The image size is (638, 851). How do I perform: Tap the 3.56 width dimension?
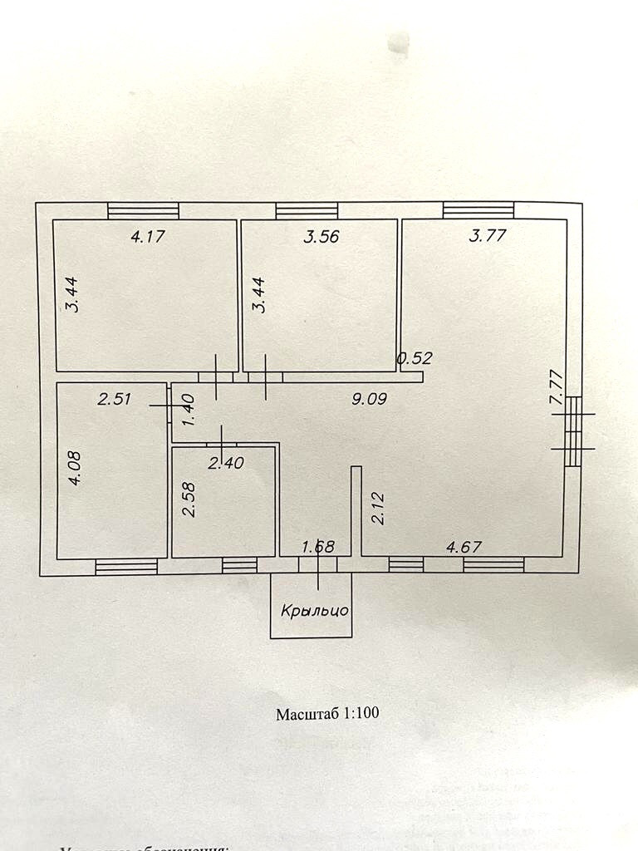(x=321, y=236)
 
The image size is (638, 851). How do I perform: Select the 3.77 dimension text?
(x=488, y=235)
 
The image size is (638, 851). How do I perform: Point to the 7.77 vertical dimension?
(x=557, y=387)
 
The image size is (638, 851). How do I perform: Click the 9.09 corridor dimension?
(x=370, y=399)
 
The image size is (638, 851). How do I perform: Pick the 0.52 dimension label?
(x=415, y=359)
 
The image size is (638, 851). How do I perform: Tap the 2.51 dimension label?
(x=115, y=399)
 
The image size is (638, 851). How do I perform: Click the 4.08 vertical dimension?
(x=75, y=468)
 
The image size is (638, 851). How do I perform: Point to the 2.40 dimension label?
(x=225, y=464)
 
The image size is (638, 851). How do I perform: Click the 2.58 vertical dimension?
(x=189, y=499)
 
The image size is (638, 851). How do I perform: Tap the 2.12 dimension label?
(x=377, y=508)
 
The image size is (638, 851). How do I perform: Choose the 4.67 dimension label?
(x=464, y=547)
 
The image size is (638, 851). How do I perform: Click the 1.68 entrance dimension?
(x=318, y=547)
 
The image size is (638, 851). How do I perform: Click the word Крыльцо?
(x=314, y=610)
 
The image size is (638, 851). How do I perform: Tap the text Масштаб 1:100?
(x=327, y=713)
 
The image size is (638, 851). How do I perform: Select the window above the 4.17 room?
(x=143, y=211)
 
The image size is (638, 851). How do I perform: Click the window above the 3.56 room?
(x=307, y=211)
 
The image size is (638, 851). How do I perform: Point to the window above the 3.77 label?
(x=478, y=210)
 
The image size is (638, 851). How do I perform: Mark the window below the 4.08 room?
(x=126, y=567)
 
